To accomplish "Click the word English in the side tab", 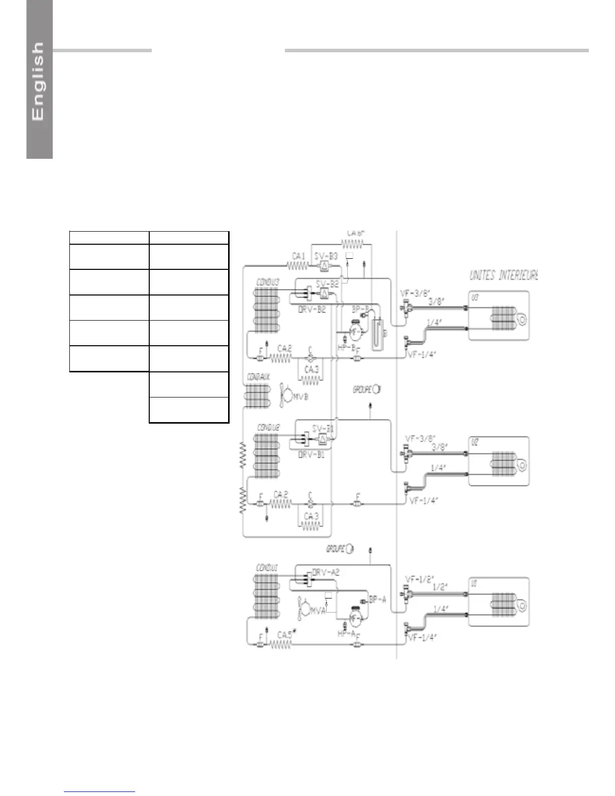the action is pyautogui.click(x=38, y=81).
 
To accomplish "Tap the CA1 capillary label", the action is pyautogui.click(x=298, y=256).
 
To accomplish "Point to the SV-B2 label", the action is pyautogui.click(x=327, y=283).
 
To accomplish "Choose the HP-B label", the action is pyautogui.click(x=347, y=347).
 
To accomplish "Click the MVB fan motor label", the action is pyautogui.click(x=300, y=396).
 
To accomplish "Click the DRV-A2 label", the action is pyautogui.click(x=326, y=572).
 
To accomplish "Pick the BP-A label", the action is pyautogui.click(x=377, y=599).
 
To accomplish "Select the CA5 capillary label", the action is pyautogui.click(x=285, y=635).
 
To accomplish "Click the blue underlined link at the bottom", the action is pyautogui.click(x=100, y=792).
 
